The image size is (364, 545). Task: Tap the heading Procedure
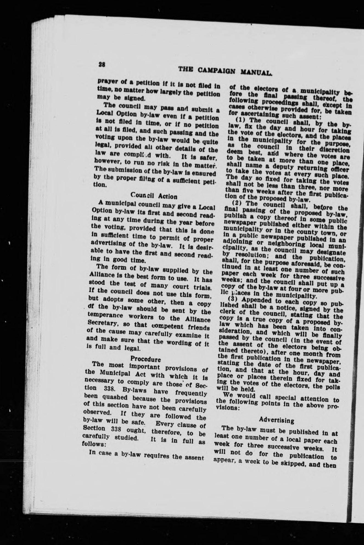coord(145,359)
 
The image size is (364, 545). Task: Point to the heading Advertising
coord(276,420)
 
